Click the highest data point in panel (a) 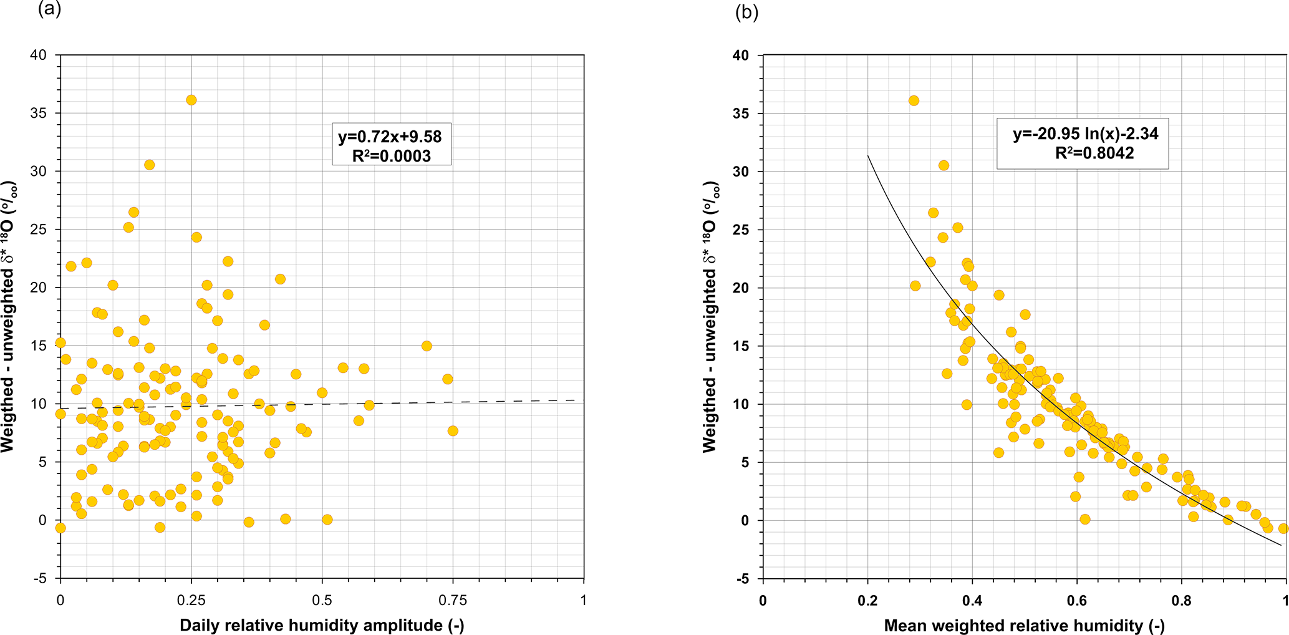pos(191,100)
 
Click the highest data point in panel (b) pos(914,100)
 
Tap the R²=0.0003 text pos(391,155)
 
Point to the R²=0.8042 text pos(1094,153)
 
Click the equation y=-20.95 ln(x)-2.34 pos(1085,133)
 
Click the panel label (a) pos(49,10)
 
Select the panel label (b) pos(746,12)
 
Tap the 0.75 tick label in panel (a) pos(453,600)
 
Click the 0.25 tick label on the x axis pos(191,600)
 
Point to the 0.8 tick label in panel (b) pos(1182,601)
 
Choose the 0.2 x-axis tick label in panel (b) pos(867,601)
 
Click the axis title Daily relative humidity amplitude pos(322,625)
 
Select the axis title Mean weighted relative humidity pos(1024,626)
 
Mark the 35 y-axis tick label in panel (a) pos(38,113)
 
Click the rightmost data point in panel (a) pos(453,430)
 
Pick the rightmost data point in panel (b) pos(1283,528)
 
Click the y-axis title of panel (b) pos(711,317)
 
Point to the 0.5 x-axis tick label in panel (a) pos(322,600)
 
